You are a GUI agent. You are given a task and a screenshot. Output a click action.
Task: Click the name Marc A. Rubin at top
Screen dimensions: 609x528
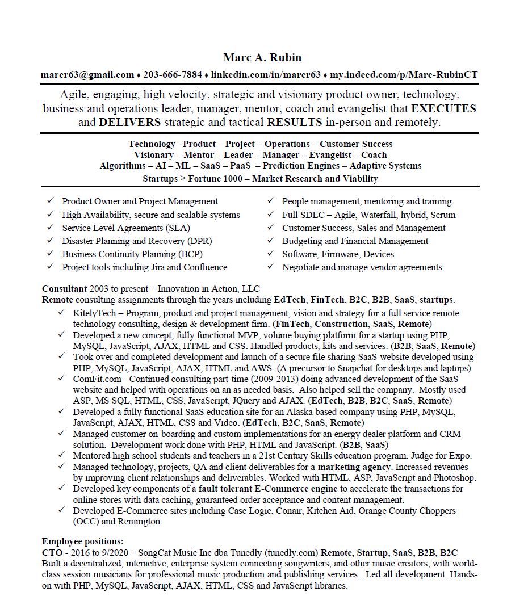(x=262, y=57)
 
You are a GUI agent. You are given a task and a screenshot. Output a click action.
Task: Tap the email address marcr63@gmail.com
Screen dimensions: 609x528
(x=87, y=74)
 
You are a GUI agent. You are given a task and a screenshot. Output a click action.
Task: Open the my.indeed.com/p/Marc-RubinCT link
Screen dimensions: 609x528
(x=404, y=74)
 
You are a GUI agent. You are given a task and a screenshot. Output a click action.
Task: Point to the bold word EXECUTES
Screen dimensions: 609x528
(x=443, y=108)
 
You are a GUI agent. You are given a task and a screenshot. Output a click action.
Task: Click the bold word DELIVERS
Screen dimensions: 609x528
(x=129, y=122)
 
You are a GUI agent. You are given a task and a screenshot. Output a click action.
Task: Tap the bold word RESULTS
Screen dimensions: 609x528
(x=294, y=122)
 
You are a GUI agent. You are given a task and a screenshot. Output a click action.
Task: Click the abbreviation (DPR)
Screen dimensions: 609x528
(x=200, y=241)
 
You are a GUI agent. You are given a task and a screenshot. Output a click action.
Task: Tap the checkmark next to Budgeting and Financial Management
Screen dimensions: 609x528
(x=271, y=241)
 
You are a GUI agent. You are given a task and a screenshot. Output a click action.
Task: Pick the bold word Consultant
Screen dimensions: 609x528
(x=64, y=288)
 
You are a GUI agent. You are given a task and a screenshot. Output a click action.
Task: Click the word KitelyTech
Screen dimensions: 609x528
(x=94, y=313)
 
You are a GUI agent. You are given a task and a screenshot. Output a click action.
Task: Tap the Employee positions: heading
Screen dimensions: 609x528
(x=82, y=541)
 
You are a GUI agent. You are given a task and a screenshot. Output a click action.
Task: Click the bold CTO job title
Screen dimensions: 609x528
(x=52, y=552)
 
